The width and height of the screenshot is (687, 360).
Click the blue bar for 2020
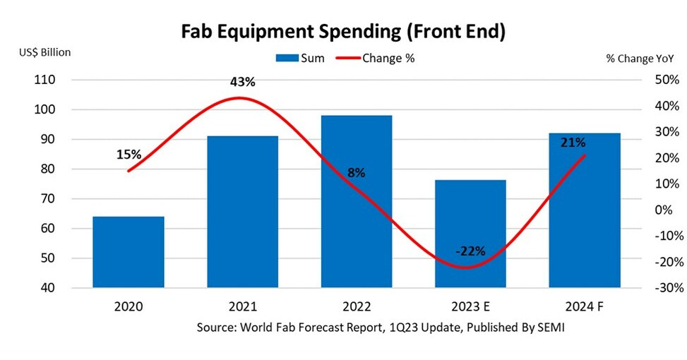(x=129, y=252)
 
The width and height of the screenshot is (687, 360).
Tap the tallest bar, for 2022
(x=357, y=201)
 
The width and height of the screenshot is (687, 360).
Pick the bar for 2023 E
(x=470, y=234)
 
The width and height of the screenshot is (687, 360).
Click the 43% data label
(x=242, y=82)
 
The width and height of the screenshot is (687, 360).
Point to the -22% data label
(x=470, y=251)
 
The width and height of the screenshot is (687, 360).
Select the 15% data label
(x=129, y=154)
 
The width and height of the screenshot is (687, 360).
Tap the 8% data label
(x=356, y=173)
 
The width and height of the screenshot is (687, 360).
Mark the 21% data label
(x=573, y=143)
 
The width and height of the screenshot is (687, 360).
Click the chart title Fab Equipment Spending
(x=343, y=32)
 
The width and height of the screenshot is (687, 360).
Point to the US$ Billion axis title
(x=44, y=52)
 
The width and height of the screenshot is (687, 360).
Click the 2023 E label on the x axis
(x=470, y=307)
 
